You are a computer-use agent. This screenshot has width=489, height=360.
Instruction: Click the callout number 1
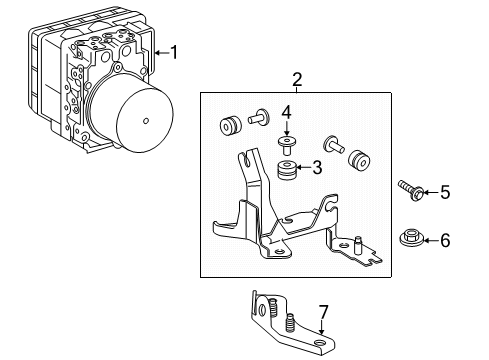click(173, 51)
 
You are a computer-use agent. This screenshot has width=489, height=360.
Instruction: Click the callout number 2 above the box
click(296, 79)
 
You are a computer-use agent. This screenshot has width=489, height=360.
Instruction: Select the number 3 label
click(316, 167)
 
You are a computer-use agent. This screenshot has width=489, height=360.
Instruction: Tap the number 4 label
click(286, 110)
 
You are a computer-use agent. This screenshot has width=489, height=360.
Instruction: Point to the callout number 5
click(445, 190)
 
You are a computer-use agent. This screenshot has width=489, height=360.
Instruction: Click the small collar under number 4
click(287, 141)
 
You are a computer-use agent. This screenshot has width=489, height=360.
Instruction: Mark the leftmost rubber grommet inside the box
click(229, 125)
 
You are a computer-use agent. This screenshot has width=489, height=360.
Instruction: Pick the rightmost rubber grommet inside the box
click(357, 160)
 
